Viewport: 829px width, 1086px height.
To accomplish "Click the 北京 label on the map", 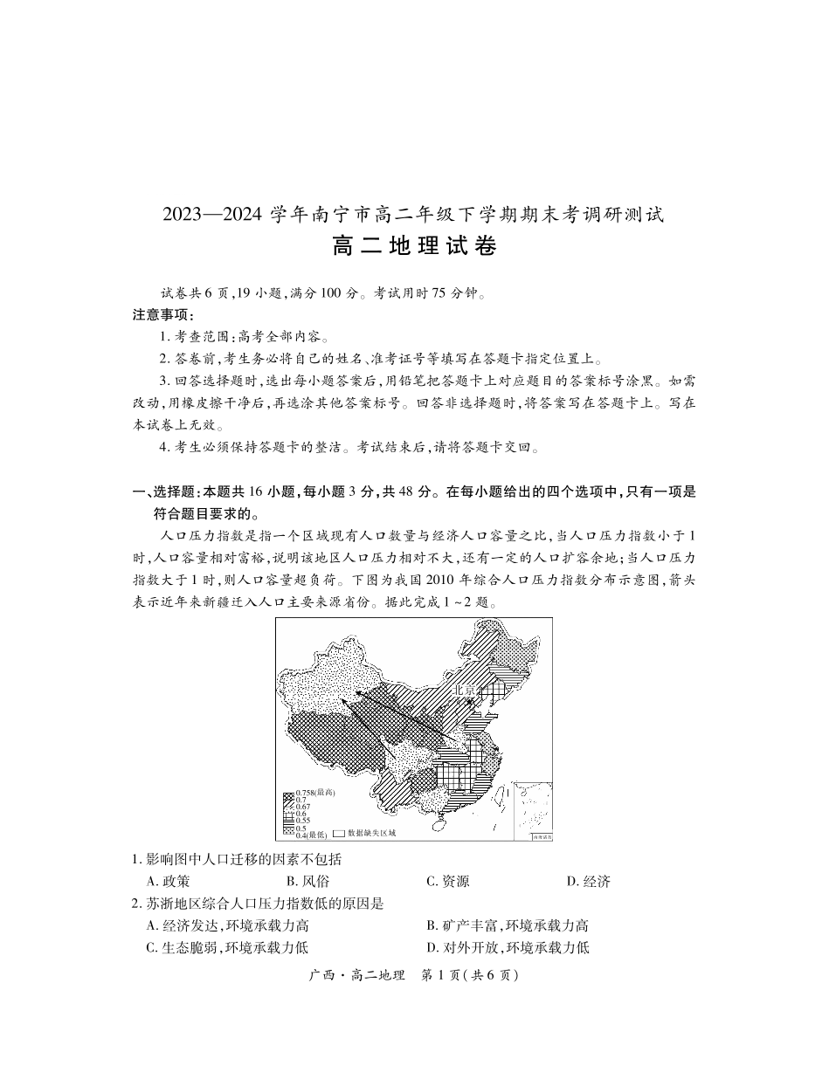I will pyautogui.click(x=463, y=690).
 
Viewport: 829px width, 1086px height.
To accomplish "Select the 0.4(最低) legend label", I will pyautogui.click(x=311, y=835).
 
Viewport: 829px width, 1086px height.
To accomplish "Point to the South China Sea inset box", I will pyautogui.click(x=532, y=811).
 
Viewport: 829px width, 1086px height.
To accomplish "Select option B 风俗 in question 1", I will pyautogui.click(x=308, y=882).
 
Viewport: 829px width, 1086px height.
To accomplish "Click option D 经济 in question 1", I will pyautogui.click(x=588, y=882).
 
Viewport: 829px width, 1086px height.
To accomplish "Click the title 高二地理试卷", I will pyautogui.click(x=414, y=247).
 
